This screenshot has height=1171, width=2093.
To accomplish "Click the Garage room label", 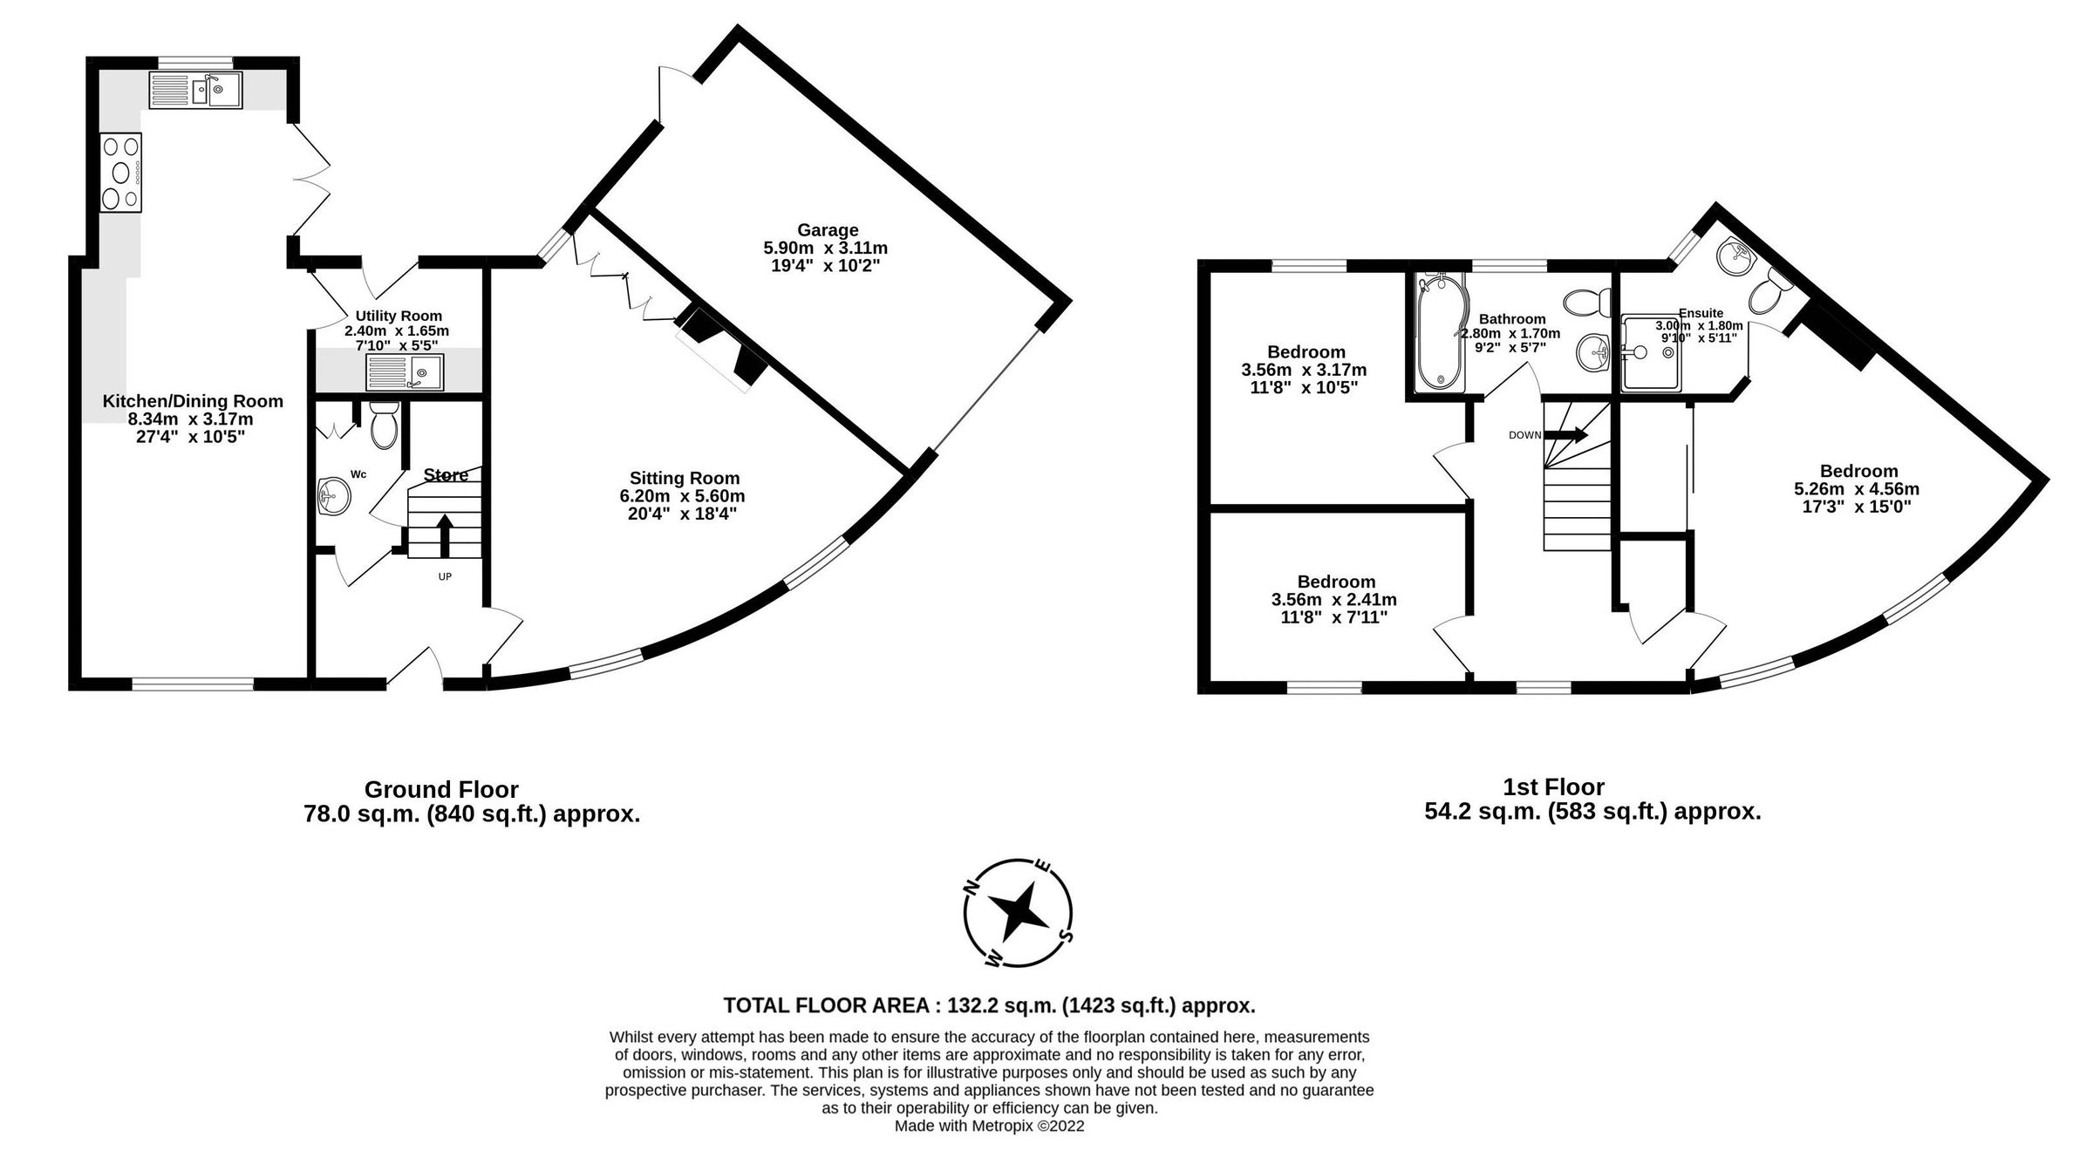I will (827, 230).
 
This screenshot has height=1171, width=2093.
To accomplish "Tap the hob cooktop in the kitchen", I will (120, 172).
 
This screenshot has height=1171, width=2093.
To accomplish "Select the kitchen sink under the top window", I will (195, 90).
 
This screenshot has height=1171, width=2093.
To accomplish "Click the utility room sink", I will (405, 372).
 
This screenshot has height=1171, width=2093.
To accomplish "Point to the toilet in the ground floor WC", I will (384, 426).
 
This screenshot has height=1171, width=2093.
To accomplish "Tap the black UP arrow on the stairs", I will (445, 534).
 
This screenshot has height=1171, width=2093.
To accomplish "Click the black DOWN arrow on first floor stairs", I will (1565, 435).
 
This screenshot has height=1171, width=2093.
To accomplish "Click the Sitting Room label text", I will (685, 478).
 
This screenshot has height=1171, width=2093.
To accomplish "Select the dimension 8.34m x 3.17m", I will (191, 419).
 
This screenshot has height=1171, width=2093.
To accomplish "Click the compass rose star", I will (1018, 913).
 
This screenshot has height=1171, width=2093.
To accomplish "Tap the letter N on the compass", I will (970, 887).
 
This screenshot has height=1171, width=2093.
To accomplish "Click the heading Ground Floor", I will (441, 790).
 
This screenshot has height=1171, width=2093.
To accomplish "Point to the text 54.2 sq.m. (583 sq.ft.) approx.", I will (1592, 812).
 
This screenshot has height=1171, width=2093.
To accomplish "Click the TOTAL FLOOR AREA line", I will (989, 1005).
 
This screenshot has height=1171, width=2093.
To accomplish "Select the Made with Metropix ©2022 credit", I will (989, 1126).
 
